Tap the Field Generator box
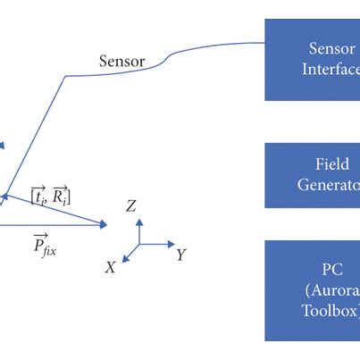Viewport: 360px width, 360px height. point(313,175)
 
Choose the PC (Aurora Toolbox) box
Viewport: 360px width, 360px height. point(313,289)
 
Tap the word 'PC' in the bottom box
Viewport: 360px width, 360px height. point(332,269)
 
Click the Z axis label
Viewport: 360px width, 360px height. point(131,206)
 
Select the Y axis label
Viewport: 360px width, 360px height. point(180,255)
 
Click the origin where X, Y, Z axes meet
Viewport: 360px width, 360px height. point(138,243)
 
